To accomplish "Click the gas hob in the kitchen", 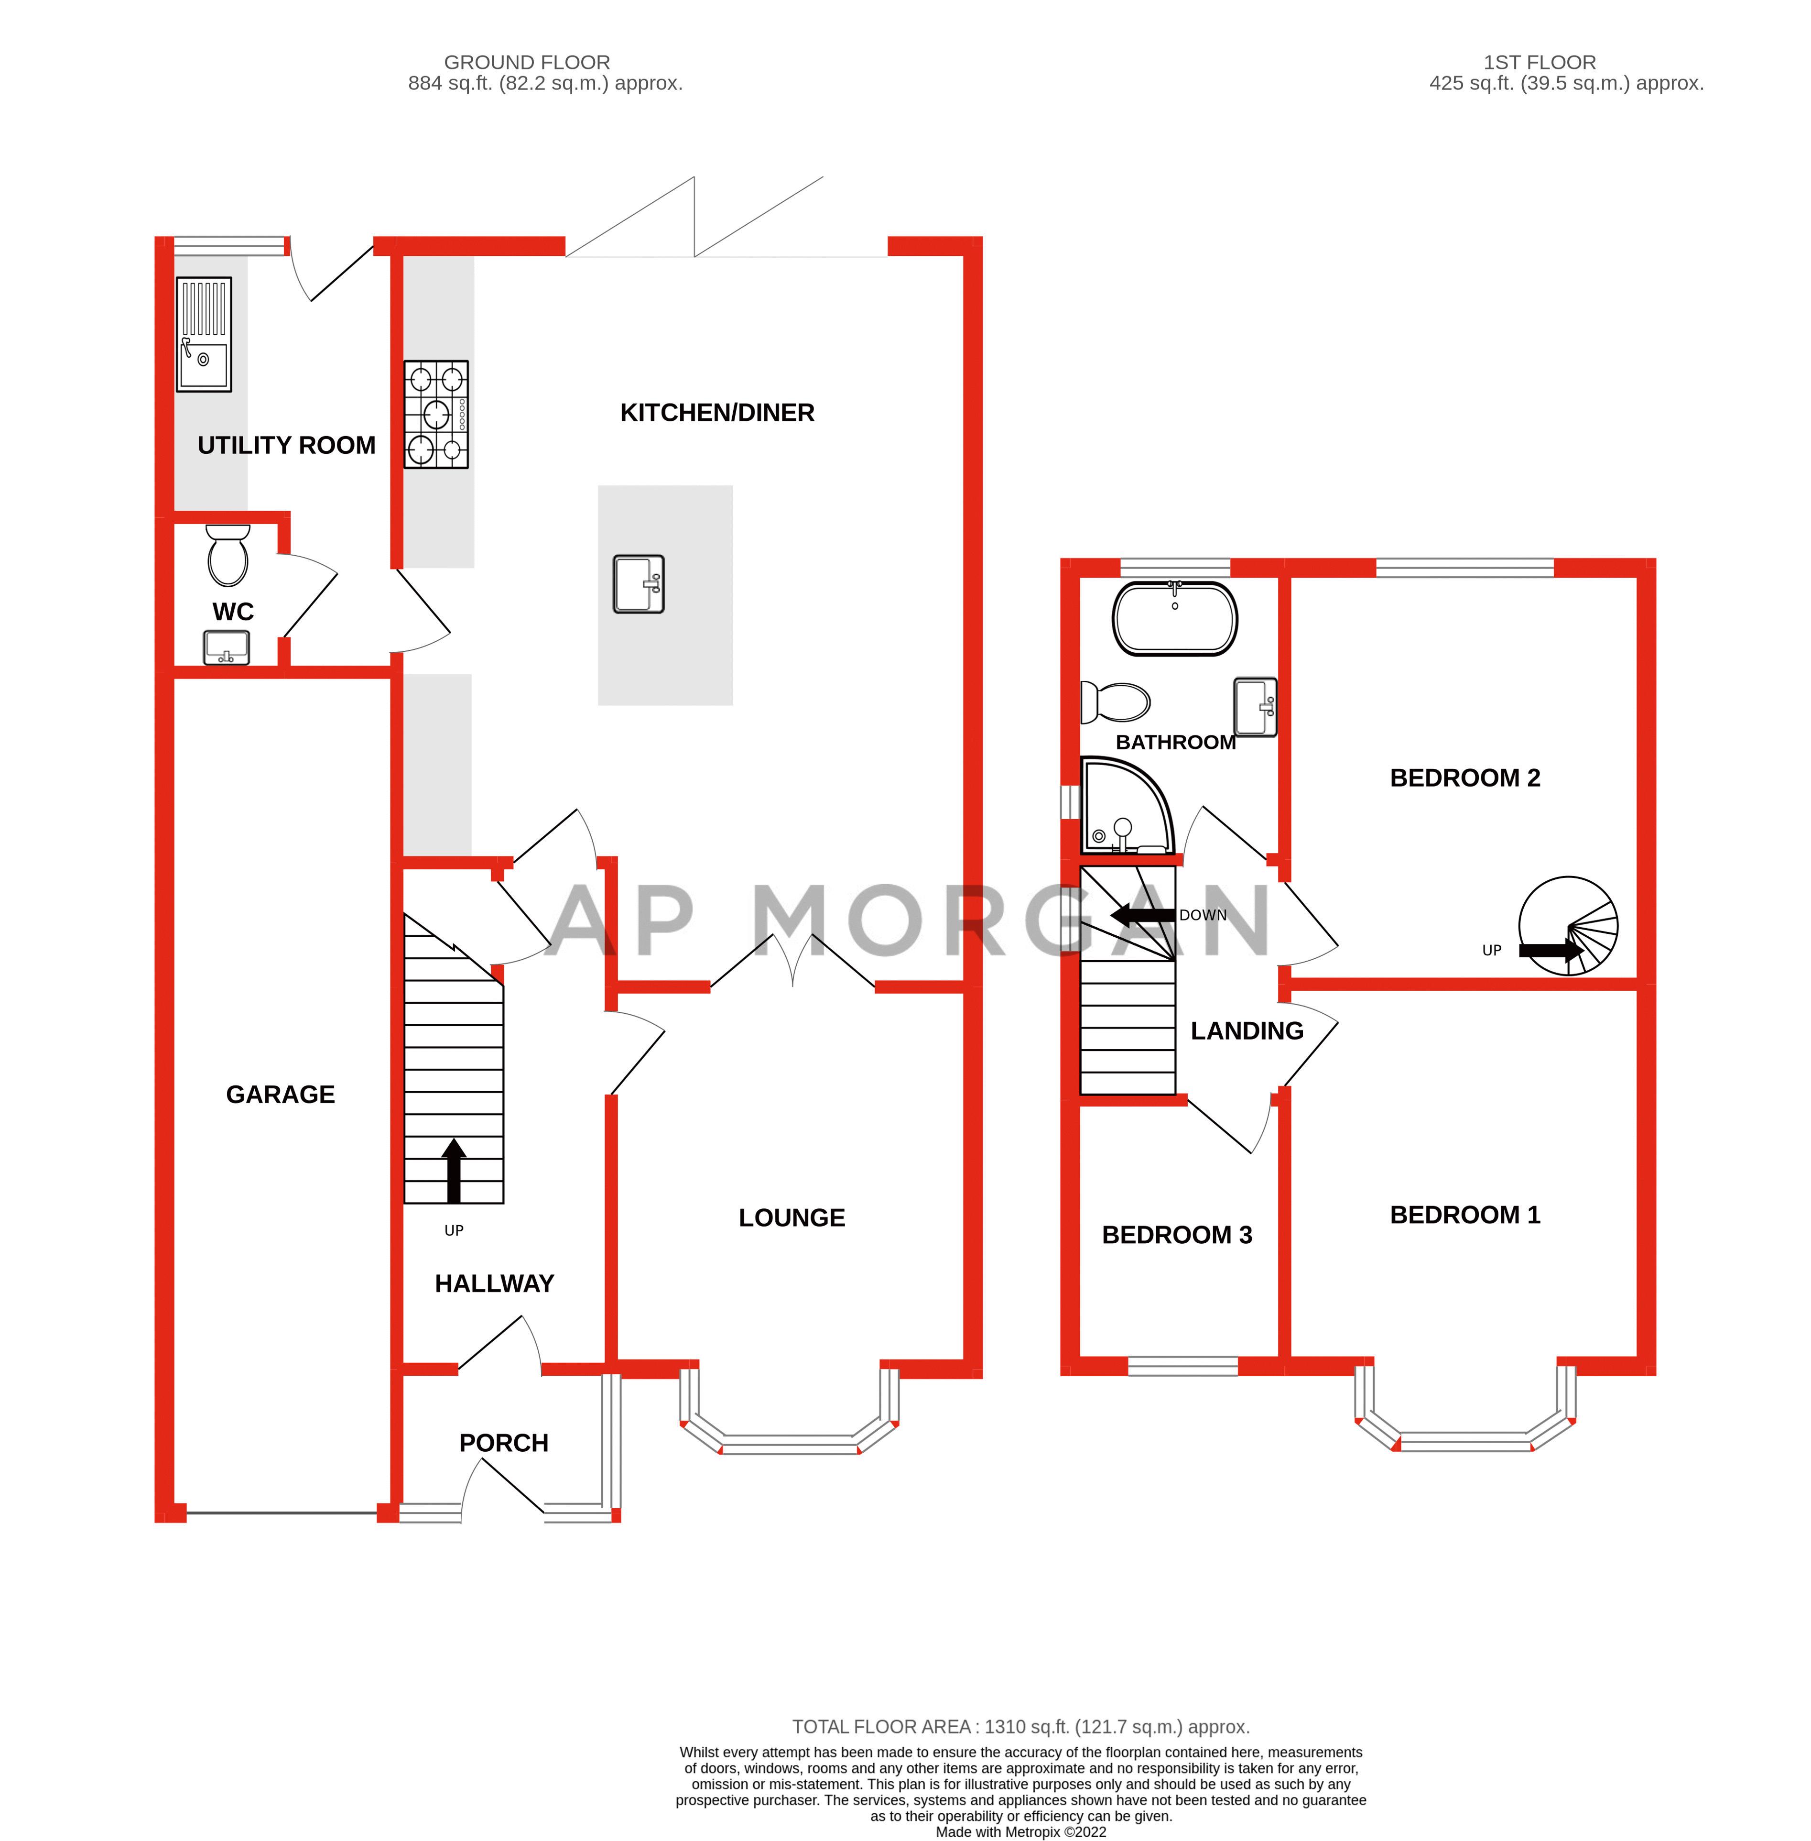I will coord(435,414).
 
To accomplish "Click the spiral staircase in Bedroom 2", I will coord(1568,926).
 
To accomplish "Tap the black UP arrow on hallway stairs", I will coord(454,1170).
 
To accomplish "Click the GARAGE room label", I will coord(281,1094).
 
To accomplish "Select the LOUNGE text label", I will coord(792,1218).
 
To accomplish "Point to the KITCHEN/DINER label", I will coord(717,413).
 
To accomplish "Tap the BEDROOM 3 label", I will coord(1177,1235).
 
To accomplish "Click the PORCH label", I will coord(503,1443).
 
